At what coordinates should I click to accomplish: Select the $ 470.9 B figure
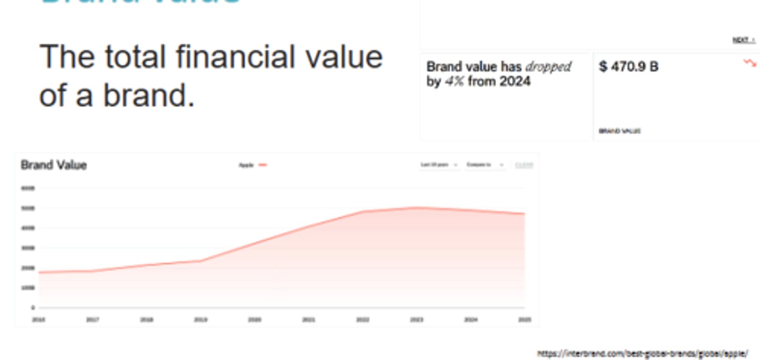(629, 67)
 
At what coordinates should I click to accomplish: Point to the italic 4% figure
(454, 82)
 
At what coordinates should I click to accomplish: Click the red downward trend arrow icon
(749, 63)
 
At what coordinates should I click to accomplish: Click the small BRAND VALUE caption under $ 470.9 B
(620, 131)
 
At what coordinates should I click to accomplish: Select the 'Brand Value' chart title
(53, 165)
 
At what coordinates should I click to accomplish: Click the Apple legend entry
(252, 165)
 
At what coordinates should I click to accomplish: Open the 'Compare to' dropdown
(485, 165)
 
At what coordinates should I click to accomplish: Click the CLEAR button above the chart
(524, 165)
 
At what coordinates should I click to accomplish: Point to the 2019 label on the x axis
(200, 320)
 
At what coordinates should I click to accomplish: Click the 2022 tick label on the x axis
(362, 320)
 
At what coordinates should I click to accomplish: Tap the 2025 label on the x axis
(524, 320)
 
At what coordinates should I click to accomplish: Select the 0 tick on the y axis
(33, 307)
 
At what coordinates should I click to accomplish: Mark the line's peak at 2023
(416, 207)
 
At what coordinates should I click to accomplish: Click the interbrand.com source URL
(642, 354)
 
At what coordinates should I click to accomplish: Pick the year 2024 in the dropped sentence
(515, 82)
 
